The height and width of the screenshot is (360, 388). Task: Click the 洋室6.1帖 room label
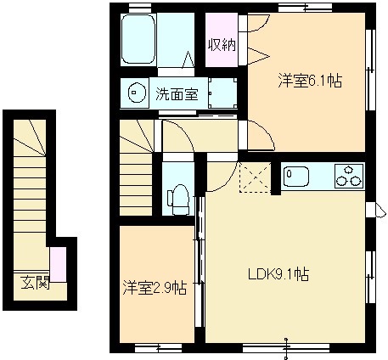(x=310, y=81)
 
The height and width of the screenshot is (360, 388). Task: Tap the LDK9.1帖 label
(x=278, y=274)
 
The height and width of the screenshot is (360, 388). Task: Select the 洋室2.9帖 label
(x=155, y=288)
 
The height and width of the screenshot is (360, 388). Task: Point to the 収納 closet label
(x=222, y=44)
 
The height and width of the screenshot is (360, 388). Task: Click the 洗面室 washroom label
(x=177, y=93)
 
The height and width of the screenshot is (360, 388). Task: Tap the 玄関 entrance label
(x=35, y=282)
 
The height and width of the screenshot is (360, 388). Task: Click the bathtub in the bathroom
(x=138, y=39)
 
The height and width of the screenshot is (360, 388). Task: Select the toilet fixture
(x=178, y=200)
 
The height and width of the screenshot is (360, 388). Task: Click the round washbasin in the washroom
(x=137, y=93)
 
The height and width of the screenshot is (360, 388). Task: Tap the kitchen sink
(x=296, y=177)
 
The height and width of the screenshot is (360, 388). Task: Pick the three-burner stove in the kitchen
(x=349, y=176)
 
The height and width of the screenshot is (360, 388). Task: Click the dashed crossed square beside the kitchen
(x=255, y=177)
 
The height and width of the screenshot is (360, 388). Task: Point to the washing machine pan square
(x=222, y=93)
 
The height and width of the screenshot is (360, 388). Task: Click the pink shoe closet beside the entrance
(x=59, y=264)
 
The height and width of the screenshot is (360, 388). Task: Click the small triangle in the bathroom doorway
(x=188, y=59)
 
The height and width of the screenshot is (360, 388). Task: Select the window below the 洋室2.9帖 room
(x=158, y=348)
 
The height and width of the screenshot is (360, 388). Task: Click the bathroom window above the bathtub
(x=140, y=8)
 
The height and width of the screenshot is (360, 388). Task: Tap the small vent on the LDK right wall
(x=376, y=210)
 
